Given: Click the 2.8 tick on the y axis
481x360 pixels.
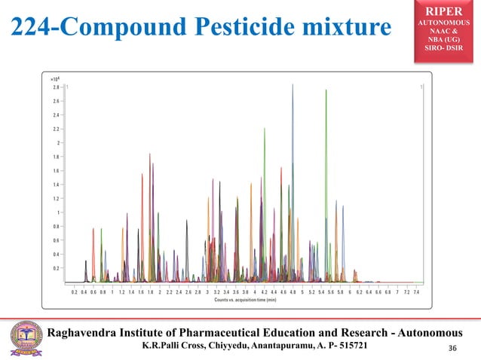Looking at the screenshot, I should click(x=56, y=87).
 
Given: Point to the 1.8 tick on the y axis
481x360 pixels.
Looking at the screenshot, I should click(x=56, y=157).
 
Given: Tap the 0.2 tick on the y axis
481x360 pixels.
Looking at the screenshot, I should click(x=56, y=268).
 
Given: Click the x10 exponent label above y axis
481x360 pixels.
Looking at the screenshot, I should click(x=54, y=78).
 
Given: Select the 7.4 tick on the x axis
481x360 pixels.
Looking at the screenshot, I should click(x=416, y=291).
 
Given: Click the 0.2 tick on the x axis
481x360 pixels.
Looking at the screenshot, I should click(x=75, y=291).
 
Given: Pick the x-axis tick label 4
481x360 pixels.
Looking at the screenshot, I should click(x=255, y=291).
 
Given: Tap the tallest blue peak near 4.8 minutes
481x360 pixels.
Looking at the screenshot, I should click(x=293, y=86).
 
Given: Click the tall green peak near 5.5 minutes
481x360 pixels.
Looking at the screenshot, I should click(x=326, y=91).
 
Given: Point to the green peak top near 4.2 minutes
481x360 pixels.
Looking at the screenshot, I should click(x=265, y=129).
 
